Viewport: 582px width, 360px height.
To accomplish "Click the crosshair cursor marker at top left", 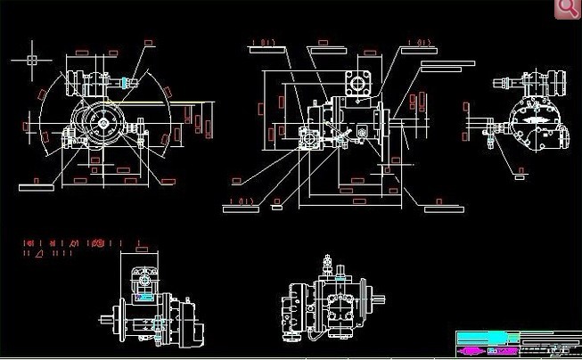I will pyautogui.click(x=32, y=61).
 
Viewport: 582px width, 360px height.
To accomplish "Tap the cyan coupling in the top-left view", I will pyautogui.click(x=126, y=82).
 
